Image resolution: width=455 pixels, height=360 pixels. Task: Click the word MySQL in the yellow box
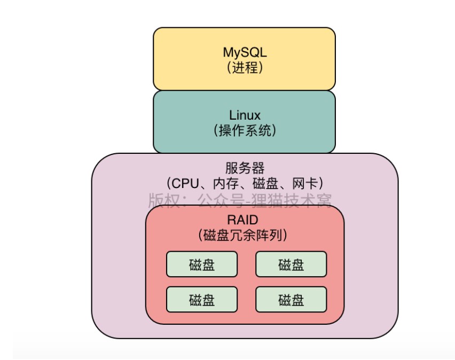click(245, 52)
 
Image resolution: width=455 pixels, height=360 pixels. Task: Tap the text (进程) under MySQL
click(245, 68)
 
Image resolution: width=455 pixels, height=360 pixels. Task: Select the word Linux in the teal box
click(245, 115)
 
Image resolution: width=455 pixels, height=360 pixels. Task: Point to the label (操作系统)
click(245, 131)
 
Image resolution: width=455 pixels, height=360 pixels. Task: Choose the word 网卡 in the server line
click(306, 184)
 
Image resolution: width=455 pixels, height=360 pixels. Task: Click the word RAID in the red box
click(245, 219)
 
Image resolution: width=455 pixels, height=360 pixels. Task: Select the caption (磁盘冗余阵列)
click(245, 234)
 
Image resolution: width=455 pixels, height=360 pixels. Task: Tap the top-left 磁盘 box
click(201, 264)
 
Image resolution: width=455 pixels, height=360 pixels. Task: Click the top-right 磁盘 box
click(291, 264)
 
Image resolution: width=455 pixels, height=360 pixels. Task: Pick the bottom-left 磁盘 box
click(201, 299)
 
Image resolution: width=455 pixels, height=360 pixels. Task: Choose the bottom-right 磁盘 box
click(291, 299)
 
